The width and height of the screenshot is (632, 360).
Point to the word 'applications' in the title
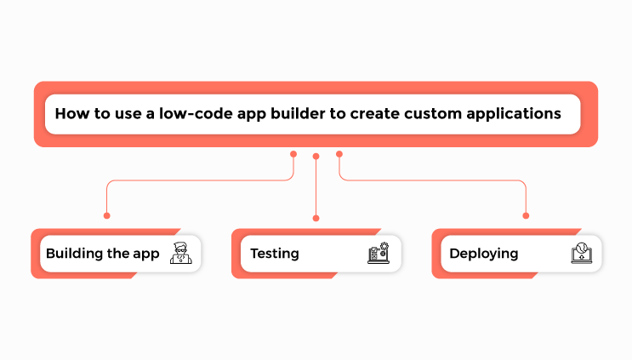point(514,114)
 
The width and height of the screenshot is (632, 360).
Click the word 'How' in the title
point(71,114)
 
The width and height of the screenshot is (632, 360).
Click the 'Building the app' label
point(102,254)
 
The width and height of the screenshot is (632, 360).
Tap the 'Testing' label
point(274,254)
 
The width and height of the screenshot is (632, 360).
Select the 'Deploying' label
point(483,254)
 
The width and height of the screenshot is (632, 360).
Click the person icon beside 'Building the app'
point(179,254)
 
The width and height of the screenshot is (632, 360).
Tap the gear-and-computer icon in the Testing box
point(378,254)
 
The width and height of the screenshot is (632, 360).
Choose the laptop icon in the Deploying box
point(580,254)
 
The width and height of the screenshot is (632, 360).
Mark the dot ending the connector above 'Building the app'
point(106,215)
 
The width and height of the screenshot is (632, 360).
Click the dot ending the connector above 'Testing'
point(316,218)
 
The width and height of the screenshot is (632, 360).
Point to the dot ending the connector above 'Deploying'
point(526,215)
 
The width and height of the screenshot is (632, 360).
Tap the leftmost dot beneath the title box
point(293,154)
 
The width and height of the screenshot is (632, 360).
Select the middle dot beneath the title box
point(316,157)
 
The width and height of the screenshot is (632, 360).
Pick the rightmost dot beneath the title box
point(339,154)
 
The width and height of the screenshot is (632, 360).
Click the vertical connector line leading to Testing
point(316,187)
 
